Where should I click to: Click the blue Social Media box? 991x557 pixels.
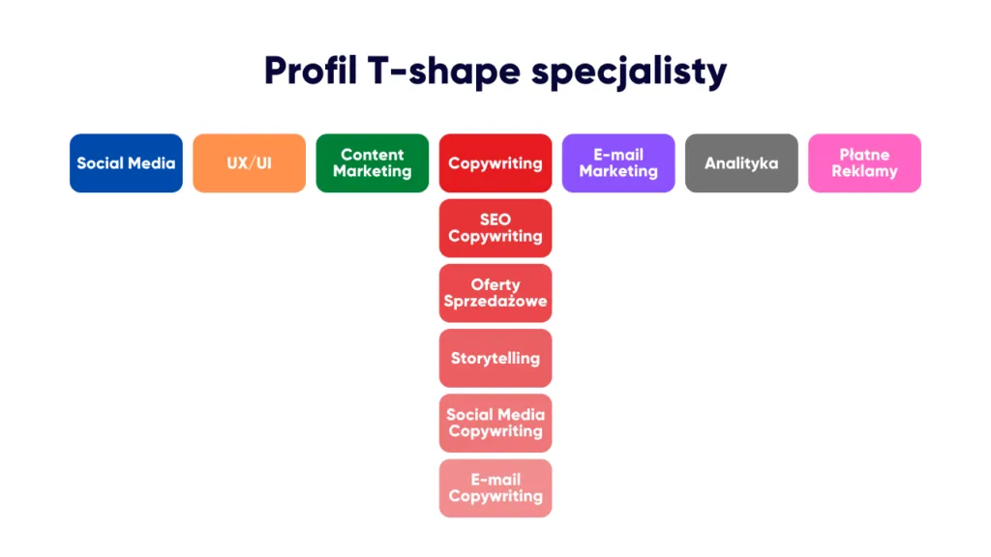point(126,162)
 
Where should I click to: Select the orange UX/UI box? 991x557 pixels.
point(249,162)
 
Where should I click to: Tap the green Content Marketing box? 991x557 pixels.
point(373,162)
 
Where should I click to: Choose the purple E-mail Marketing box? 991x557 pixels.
point(618,162)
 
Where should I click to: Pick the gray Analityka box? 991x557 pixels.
point(741,162)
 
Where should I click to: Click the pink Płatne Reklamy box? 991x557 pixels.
point(864,162)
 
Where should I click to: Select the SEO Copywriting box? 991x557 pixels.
point(495,228)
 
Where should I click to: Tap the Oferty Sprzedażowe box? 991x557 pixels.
point(495,293)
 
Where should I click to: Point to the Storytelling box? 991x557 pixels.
point(495,358)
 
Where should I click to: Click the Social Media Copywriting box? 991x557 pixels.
point(495,424)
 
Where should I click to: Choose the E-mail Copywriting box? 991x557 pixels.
point(495,488)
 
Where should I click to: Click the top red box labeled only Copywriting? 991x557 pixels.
point(495,162)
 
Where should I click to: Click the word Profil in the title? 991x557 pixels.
point(311,70)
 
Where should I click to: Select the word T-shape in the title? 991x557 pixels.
point(443,72)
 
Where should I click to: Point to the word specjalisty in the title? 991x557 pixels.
point(629,72)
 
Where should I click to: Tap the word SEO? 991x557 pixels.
point(495,220)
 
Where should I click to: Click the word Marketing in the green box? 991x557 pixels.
point(373,171)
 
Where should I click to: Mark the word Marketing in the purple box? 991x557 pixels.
point(618,171)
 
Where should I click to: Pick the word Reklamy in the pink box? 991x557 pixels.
point(864,171)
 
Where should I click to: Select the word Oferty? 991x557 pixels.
point(495,285)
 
